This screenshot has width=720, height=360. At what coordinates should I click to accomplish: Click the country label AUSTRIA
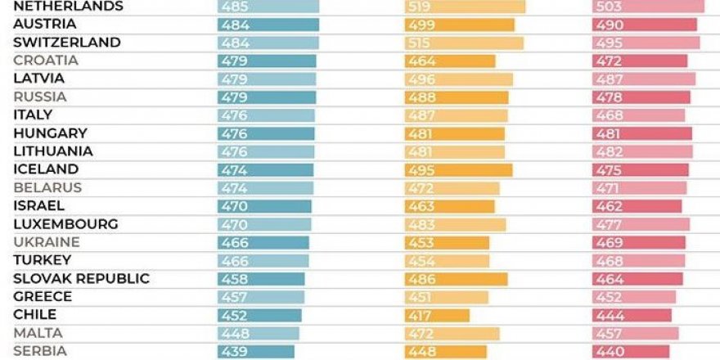point(44,25)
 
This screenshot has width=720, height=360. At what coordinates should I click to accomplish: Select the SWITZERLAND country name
point(67,43)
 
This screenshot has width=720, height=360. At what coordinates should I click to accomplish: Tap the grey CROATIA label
point(46,61)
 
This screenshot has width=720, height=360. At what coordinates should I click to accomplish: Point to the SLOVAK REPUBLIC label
point(82,279)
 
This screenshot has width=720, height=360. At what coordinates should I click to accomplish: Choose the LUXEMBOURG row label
point(66,224)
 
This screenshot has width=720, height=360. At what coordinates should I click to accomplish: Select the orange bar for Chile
point(438,315)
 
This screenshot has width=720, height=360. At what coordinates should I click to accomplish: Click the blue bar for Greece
point(261,297)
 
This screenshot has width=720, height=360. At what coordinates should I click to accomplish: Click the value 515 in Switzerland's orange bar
point(418,43)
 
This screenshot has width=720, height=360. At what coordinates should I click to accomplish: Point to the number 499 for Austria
point(418,25)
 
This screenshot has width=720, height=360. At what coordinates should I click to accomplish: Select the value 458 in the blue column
point(232,279)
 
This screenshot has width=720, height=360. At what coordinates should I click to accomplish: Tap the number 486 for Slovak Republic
point(418,279)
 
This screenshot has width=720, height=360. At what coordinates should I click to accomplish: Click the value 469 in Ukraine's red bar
point(606,242)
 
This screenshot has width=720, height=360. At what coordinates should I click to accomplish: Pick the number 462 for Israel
point(606,206)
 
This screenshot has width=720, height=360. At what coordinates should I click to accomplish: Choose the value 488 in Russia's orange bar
point(418,97)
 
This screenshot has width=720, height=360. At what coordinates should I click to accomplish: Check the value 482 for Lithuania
point(606,151)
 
